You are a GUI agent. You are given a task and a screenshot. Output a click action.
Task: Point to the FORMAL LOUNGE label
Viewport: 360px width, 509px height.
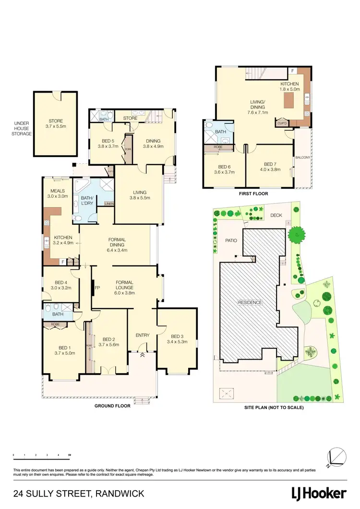[124, 287]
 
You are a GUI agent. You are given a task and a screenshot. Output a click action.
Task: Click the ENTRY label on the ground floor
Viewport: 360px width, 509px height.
[143, 335]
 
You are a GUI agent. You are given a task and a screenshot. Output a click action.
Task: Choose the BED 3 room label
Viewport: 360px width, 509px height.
[177, 339]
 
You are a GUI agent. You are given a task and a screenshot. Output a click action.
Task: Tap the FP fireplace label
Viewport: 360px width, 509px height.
[97, 288]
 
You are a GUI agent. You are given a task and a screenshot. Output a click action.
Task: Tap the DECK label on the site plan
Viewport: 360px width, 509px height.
[276, 216]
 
